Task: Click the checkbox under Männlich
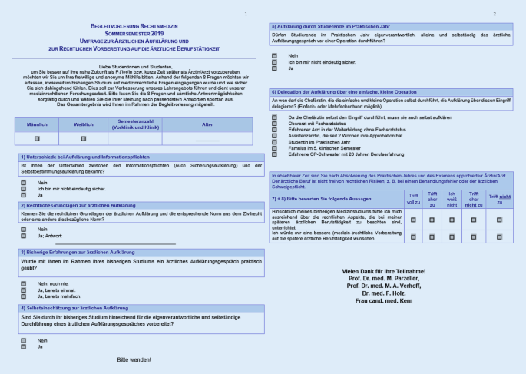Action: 38,138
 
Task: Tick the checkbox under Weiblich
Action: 84,138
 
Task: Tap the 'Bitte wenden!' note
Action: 134,359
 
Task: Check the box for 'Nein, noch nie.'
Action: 24,283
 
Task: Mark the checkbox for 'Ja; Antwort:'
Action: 24,235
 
